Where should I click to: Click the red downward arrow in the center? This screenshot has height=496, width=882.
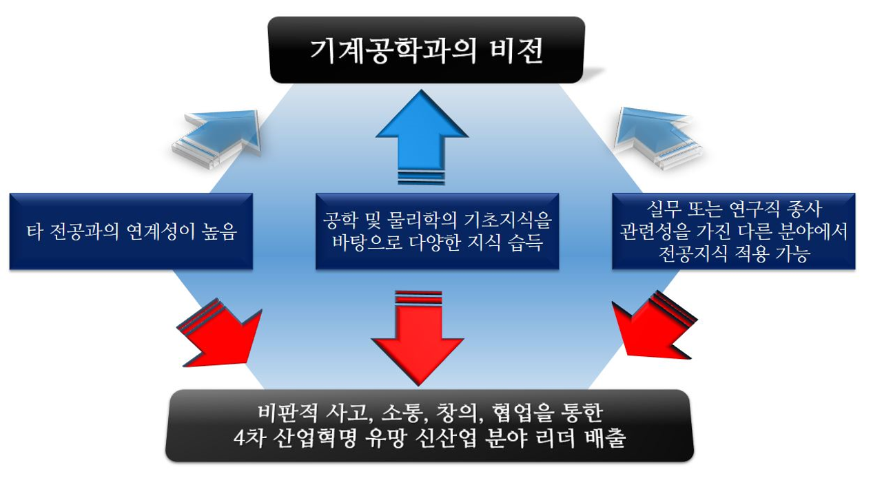click(x=417, y=338)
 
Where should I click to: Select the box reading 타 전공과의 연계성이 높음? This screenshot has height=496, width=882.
click(x=131, y=231)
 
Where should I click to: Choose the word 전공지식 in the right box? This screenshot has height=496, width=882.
click(x=687, y=255)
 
